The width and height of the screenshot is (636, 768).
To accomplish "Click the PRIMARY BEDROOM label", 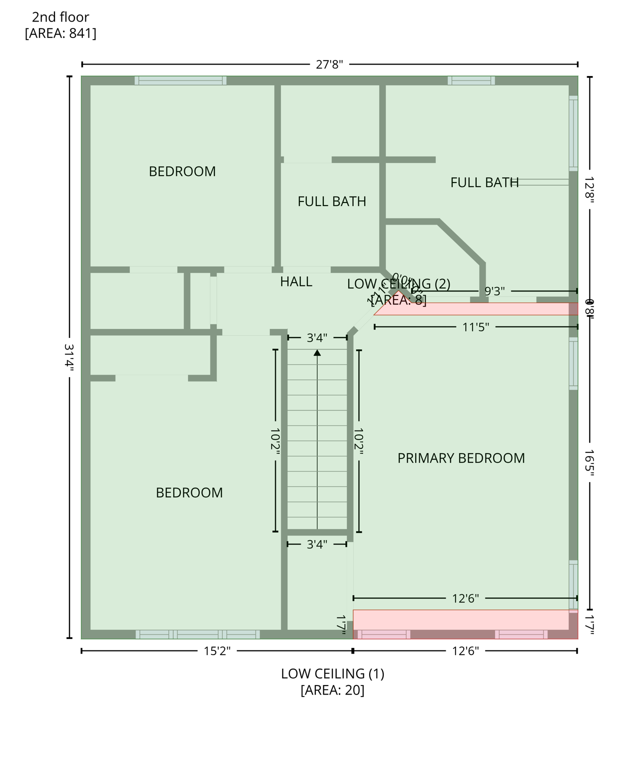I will [x=461, y=458].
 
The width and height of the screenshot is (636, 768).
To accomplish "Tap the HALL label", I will [x=296, y=281].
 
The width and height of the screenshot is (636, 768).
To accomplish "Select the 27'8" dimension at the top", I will [x=329, y=64].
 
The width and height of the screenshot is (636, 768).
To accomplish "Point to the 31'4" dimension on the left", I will [x=69, y=356].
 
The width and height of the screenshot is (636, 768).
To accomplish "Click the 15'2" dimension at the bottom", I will [x=217, y=651].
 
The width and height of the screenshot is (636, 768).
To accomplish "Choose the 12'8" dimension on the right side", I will [x=590, y=189].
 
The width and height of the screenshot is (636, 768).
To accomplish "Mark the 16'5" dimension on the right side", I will [x=590, y=462].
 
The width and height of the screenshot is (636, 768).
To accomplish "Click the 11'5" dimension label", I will [x=475, y=327].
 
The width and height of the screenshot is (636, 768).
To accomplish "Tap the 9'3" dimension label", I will [x=494, y=291].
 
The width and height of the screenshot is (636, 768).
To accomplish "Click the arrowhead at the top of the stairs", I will [x=317, y=353].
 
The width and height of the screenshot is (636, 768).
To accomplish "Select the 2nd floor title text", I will [x=60, y=17].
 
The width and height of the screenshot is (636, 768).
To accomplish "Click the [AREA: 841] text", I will [x=60, y=33].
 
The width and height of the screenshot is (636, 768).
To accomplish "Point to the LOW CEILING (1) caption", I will [x=332, y=673].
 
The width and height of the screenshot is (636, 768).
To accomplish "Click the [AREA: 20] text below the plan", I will [x=332, y=690].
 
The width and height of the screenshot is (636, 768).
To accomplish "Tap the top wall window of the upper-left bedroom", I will [x=180, y=80].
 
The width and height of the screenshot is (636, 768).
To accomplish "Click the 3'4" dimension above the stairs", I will [x=317, y=338].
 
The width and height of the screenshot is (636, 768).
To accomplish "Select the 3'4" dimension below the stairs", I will [x=317, y=544].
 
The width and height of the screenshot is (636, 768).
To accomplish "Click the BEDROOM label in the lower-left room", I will [x=189, y=492].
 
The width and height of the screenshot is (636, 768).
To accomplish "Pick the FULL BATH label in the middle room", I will [x=332, y=201].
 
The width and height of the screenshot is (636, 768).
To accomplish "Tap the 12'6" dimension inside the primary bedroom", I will [x=465, y=598].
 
